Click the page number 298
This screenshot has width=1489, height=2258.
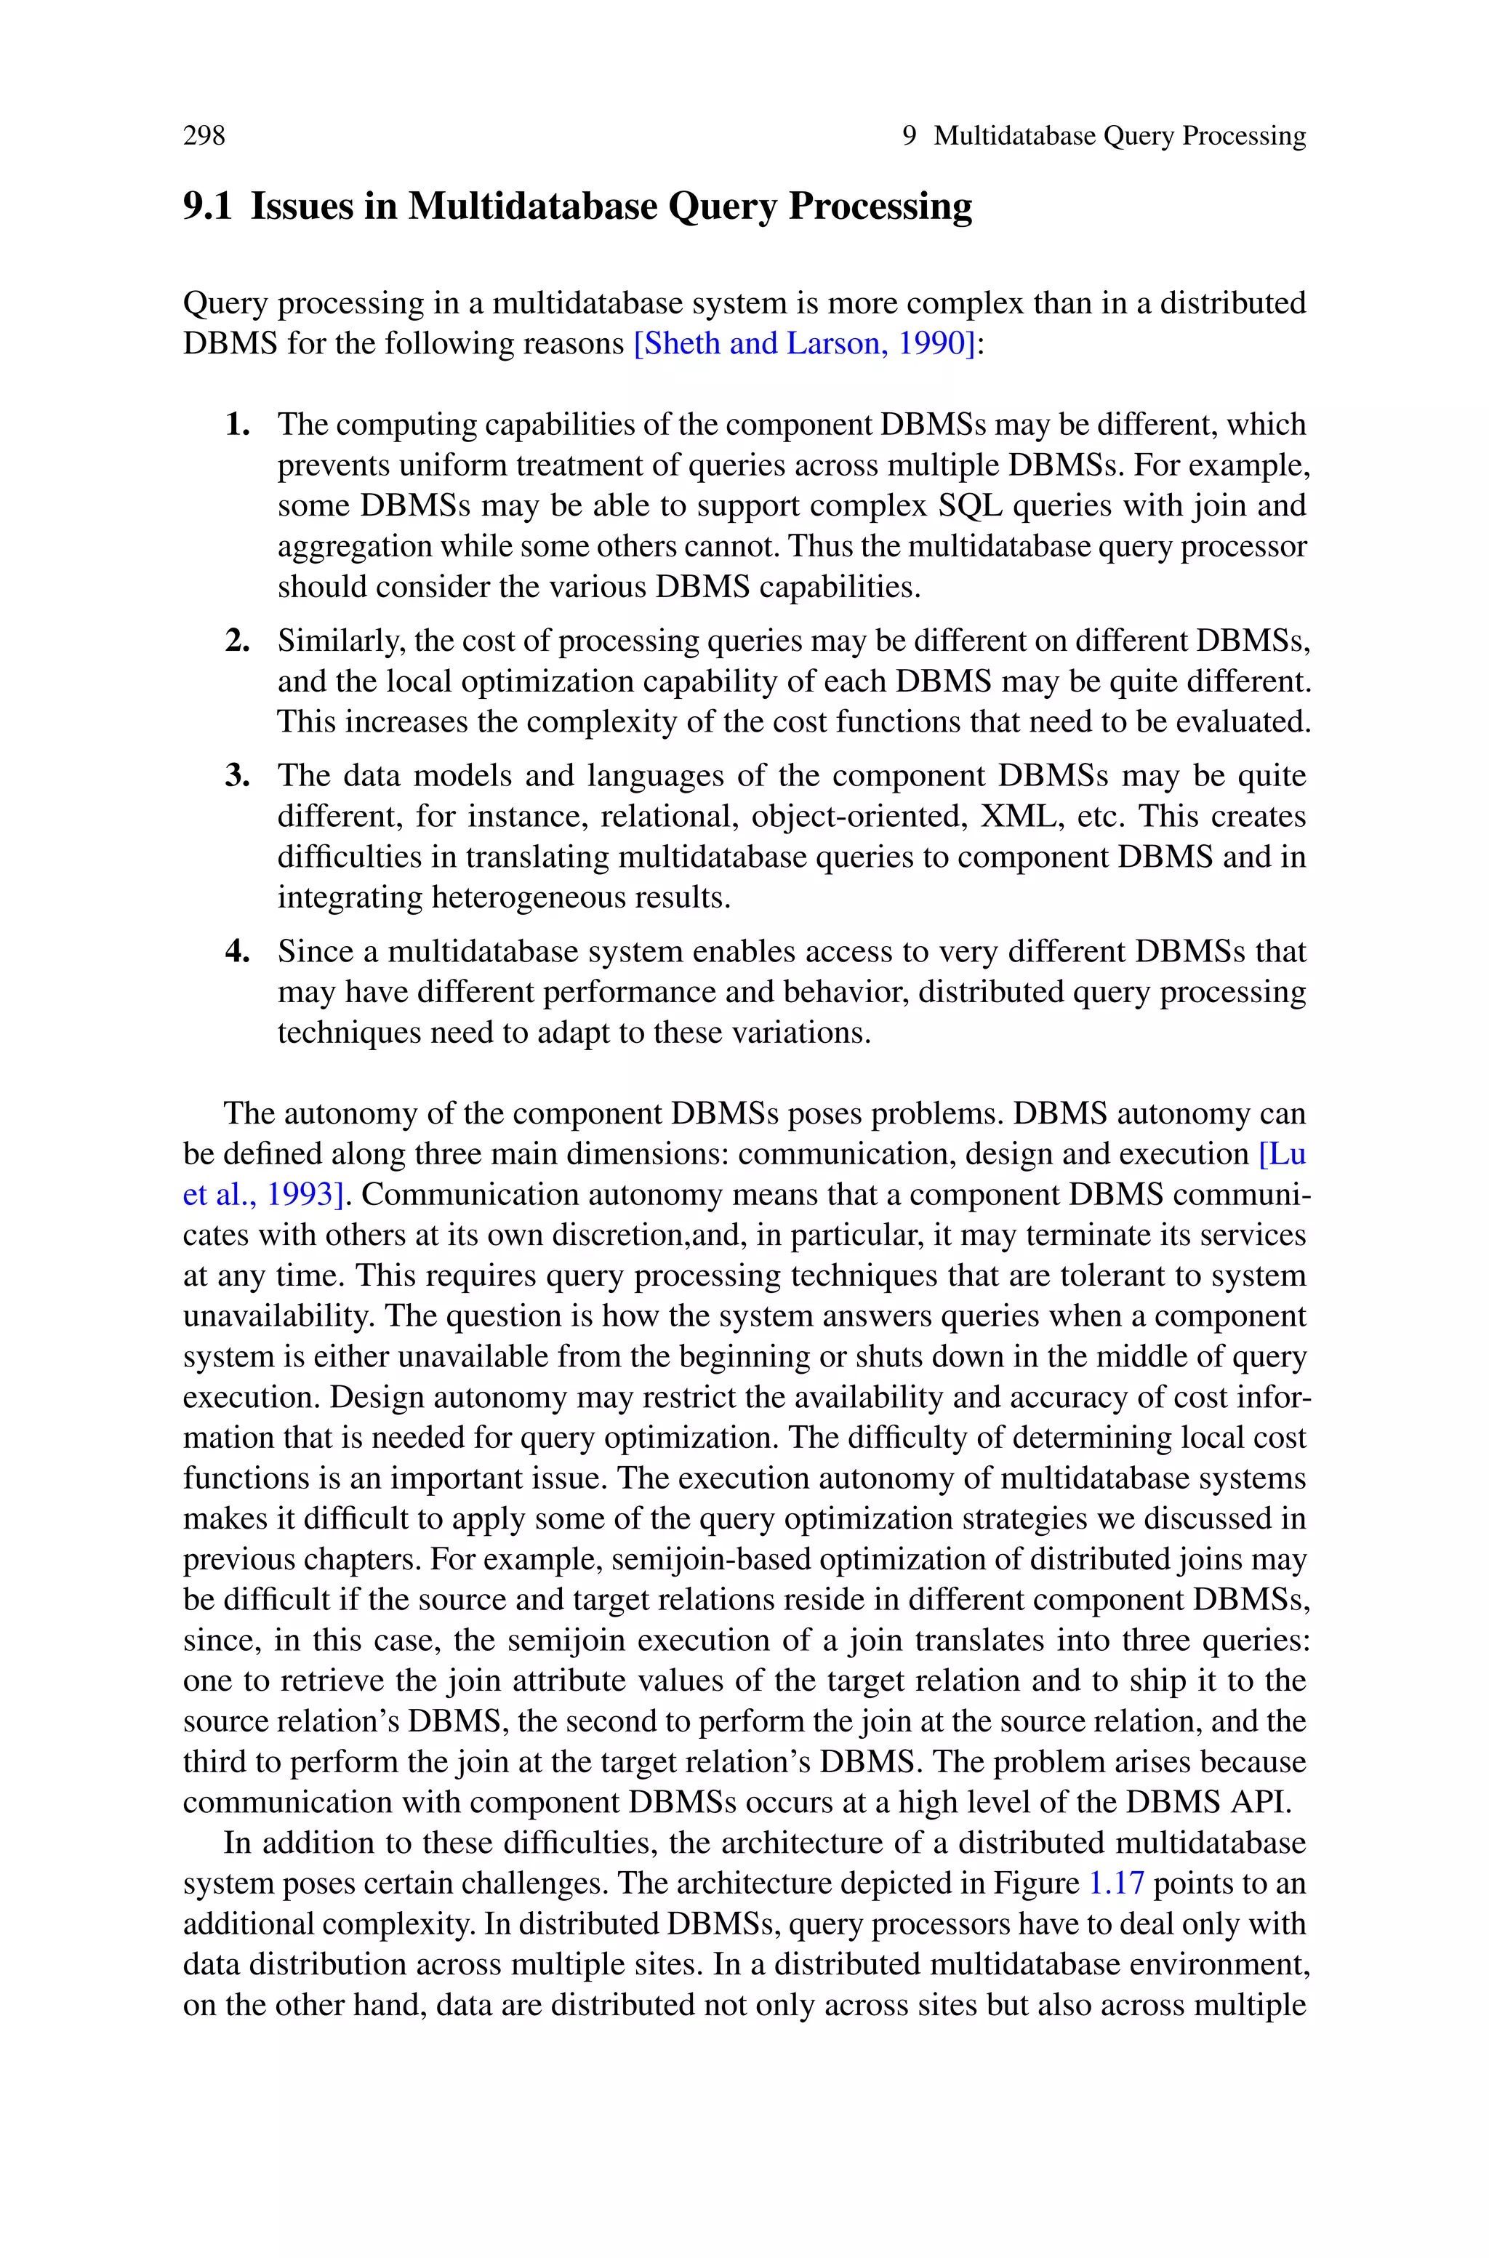pyautogui.click(x=204, y=136)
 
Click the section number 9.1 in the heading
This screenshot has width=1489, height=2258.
pyautogui.click(x=207, y=206)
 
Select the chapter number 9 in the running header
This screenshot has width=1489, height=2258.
pyautogui.click(x=909, y=136)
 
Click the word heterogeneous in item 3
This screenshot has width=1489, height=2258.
pyautogui.click(x=539, y=897)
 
